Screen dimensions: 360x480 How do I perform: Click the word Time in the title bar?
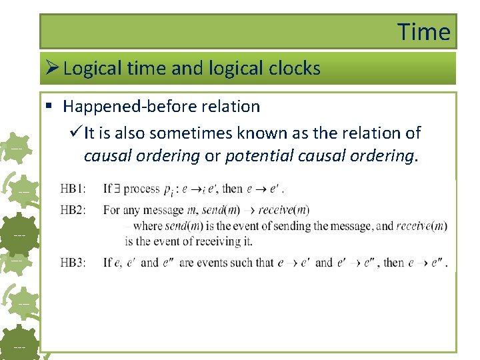pyautogui.click(x=424, y=31)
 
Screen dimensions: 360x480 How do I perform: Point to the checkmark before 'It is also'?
pyautogui.click(x=75, y=133)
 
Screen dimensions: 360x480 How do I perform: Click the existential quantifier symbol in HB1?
pyautogui.click(x=116, y=189)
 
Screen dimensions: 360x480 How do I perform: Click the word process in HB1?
pyautogui.click(x=141, y=189)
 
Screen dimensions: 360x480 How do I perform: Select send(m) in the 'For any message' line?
pyautogui.click(x=221, y=210)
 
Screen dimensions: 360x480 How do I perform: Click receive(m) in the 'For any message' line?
pyautogui.click(x=283, y=210)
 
